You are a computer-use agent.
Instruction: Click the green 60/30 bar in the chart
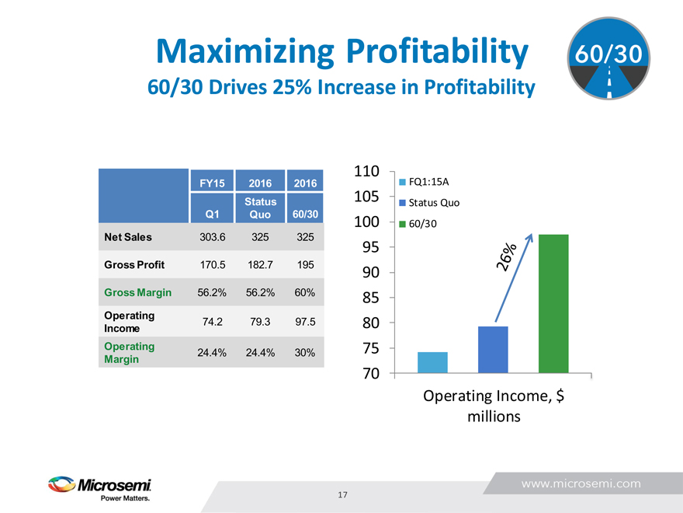(553, 303)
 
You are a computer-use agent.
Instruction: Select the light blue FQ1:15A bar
(432, 362)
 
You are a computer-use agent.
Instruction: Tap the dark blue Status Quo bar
(493, 350)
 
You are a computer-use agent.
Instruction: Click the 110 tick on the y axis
(366, 171)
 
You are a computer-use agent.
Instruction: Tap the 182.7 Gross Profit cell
(260, 264)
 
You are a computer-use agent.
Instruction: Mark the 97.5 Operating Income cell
(305, 322)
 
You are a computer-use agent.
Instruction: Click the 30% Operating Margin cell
(305, 352)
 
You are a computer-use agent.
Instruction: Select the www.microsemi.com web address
(581, 483)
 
